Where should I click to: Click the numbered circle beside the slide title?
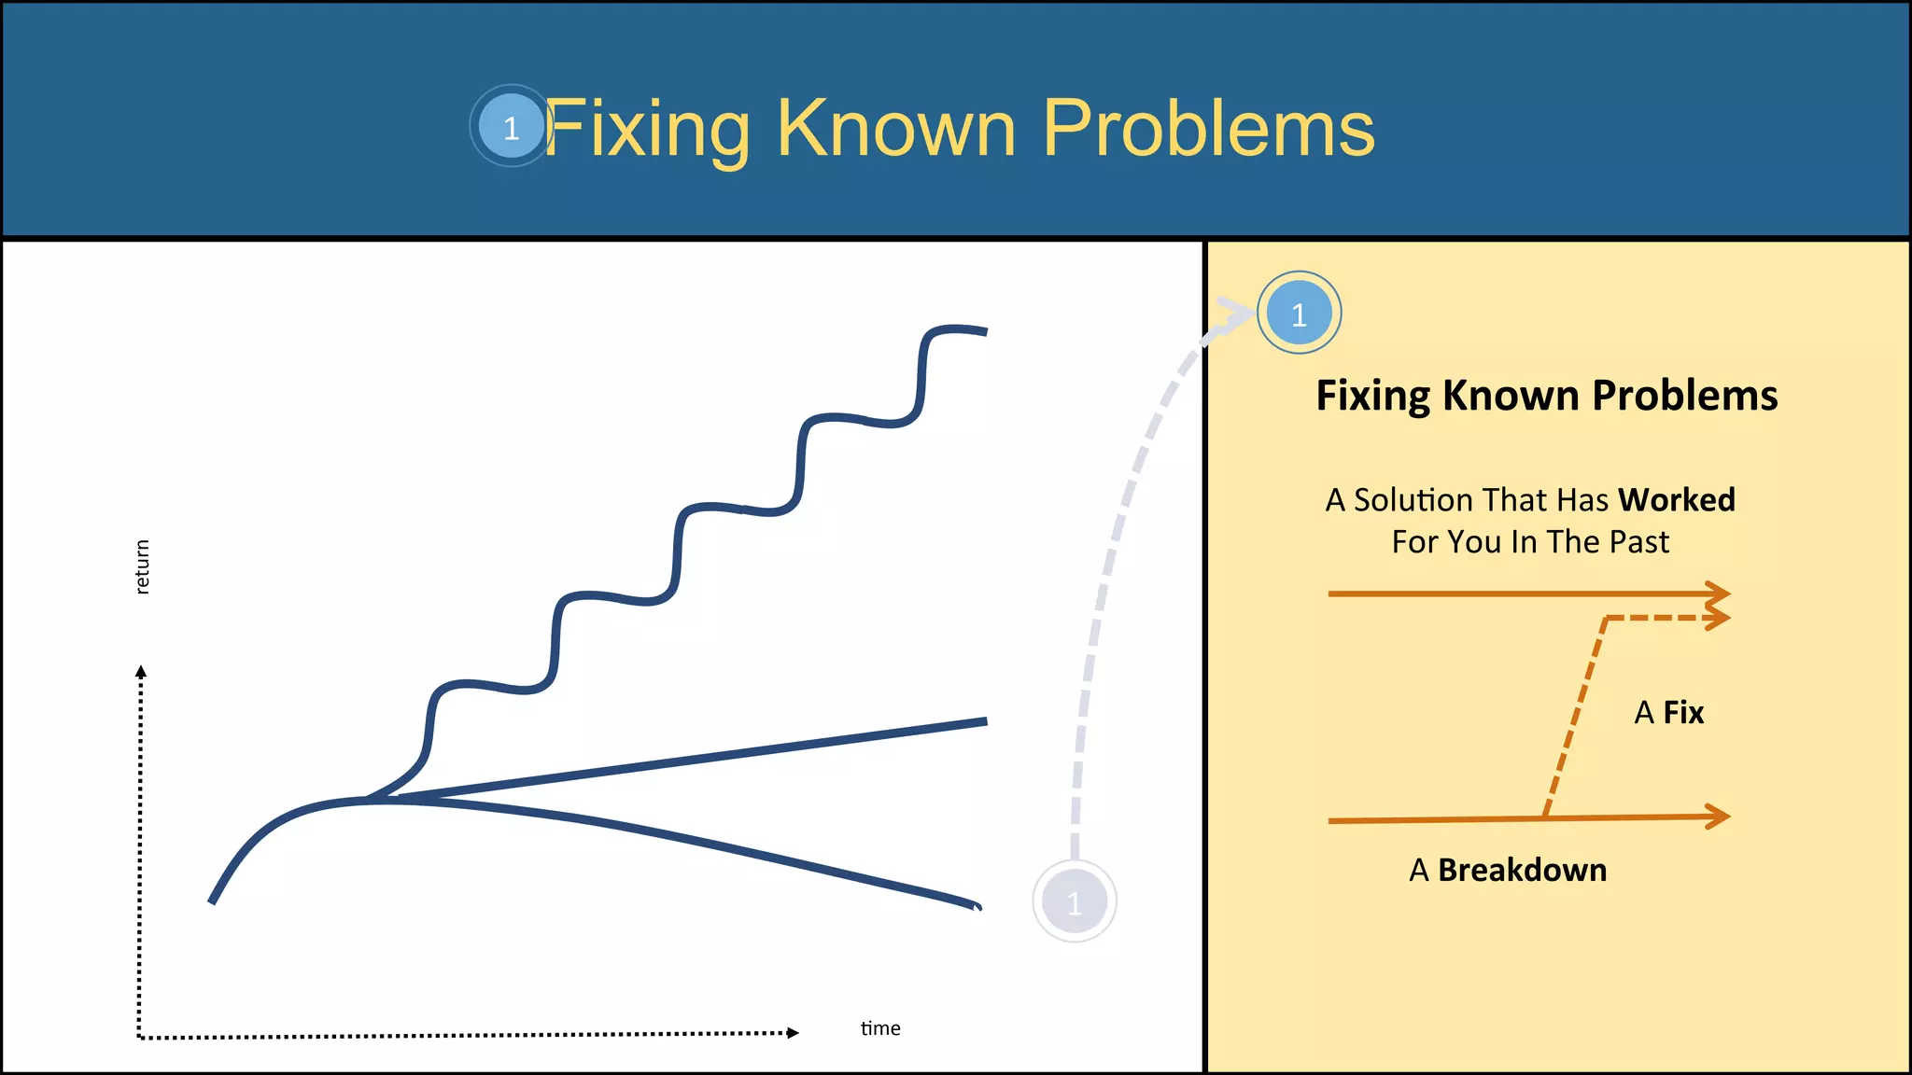[x=511, y=126]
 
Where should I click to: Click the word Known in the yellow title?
[x=895, y=128]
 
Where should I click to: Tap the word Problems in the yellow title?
[x=1208, y=128]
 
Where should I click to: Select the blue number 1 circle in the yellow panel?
[x=1299, y=314]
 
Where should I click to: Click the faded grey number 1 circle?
[x=1074, y=901]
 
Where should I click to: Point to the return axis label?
[x=142, y=566]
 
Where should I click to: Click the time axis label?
[x=879, y=1028]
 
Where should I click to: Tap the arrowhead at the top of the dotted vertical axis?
[x=141, y=672]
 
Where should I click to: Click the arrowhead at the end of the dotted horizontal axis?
[x=793, y=1032]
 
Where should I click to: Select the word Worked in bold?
[x=1676, y=500]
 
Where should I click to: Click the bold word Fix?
[x=1682, y=713]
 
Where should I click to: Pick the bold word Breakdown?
[x=1522, y=870]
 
